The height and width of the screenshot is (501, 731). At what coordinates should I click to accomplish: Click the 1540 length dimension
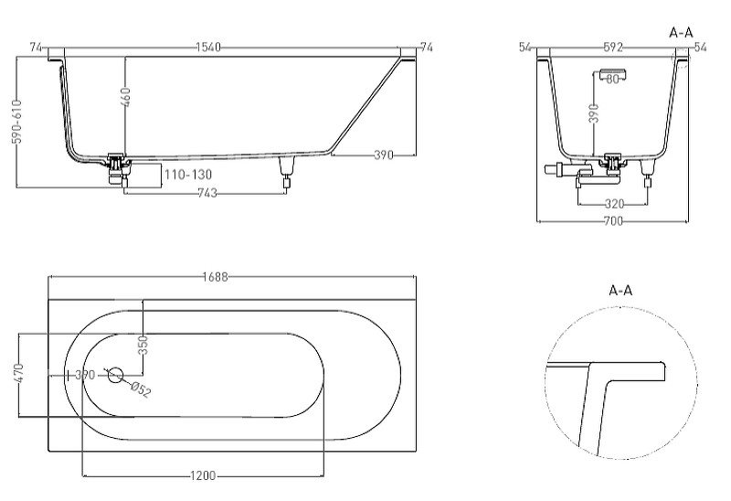pyautogui.click(x=208, y=48)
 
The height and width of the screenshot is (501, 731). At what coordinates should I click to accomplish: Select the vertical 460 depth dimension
pyautogui.click(x=125, y=97)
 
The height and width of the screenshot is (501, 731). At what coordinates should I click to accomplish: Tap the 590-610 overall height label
pyautogui.click(x=17, y=122)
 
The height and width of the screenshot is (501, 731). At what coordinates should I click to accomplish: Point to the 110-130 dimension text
pyautogui.click(x=188, y=175)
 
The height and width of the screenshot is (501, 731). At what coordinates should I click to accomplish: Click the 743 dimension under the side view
pyautogui.click(x=207, y=193)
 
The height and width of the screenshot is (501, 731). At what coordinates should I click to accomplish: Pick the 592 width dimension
pyautogui.click(x=613, y=48)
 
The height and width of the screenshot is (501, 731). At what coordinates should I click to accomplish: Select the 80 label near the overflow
pyautogui.click(x=613, y=80)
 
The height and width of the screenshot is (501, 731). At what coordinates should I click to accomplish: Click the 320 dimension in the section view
pyautogui.click(x=614, y=204)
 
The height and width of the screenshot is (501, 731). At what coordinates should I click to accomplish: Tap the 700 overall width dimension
pyautogui.click(x=613, y=220)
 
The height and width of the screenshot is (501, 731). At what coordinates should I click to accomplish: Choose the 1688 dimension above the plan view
pyautogui.click(x=216, y=277)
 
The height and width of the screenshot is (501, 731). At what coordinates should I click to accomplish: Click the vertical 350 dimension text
pyautogui.click(x=143, y=346)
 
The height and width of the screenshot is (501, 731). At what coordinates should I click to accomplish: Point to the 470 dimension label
pyautogui.click(x=18, y=373)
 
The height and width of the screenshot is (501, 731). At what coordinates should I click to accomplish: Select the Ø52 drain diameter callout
pyautogui.click(x=141, y=389)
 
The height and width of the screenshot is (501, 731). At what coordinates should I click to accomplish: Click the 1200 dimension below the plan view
pyautogui.click(x=203, y=475)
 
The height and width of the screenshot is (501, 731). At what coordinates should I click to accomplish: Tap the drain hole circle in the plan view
pyautogui.click(x=115, y=375)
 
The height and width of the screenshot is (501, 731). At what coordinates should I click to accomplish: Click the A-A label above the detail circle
pyautogui.click(x=620, y=291)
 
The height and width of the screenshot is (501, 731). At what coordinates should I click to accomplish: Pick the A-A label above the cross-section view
pyautogui.click(x=681, y=33)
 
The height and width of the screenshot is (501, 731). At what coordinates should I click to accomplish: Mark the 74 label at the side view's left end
pyautogui.click(x=37, y=48)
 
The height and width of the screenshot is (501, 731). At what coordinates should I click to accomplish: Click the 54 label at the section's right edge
pyautogui.click(x=700, y=48)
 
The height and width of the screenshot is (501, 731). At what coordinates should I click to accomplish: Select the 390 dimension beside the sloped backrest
pyautogui.click(x=384, y=155)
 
